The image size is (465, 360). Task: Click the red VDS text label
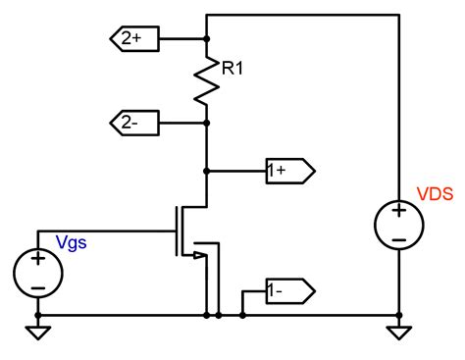[434, 194]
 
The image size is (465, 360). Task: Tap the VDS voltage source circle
[399, 225]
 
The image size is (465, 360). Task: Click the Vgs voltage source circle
[37, 274]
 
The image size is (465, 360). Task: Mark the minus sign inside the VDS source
[399, 238]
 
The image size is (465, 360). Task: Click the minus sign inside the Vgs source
[37, 287]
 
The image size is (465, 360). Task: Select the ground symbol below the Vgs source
[37, 333]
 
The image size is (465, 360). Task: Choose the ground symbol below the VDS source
[399, 333]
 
